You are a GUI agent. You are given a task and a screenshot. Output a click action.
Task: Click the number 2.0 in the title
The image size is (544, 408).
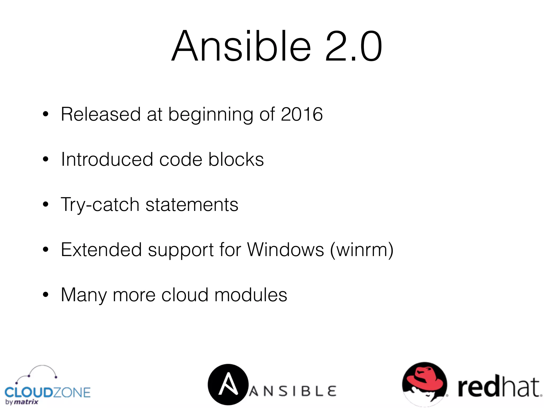353,46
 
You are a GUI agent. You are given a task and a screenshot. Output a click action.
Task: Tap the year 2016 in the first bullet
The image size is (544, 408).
301,114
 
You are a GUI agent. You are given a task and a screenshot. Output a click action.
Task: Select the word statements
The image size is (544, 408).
192,205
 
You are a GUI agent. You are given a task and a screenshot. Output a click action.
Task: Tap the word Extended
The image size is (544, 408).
101,250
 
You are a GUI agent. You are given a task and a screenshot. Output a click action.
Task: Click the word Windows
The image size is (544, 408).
286,250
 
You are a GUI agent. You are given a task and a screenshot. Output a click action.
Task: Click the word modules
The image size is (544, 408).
251,295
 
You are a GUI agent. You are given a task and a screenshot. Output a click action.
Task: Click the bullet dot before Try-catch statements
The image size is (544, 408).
46,205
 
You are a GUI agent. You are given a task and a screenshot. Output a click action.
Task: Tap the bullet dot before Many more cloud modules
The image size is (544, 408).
46,295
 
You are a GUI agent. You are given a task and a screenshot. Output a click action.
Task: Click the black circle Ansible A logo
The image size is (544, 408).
228,384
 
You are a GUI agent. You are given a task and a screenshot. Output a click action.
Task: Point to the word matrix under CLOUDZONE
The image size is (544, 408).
26,402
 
